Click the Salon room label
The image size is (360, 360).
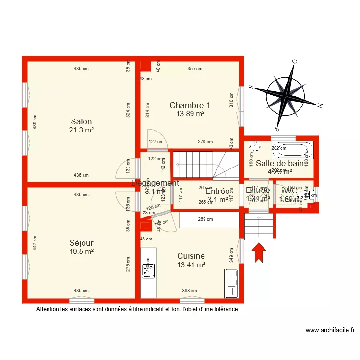coord(81,121)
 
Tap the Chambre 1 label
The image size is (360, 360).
coord(190,105)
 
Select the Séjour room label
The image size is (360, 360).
coord(81,243)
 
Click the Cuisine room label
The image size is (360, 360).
coord(191,256)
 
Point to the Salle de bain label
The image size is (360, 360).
coord(279,163)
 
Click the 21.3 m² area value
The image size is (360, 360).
coord(81,130)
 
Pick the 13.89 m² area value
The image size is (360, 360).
coord(190,114)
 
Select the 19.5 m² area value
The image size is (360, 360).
coord(81,251)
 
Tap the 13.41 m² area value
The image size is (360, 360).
coord(191,264)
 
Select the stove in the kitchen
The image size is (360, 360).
coord(147,271)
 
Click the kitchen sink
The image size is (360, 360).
coord(232,283)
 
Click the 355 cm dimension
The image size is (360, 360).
coord(194,69)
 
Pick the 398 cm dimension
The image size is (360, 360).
coord(190,290)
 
